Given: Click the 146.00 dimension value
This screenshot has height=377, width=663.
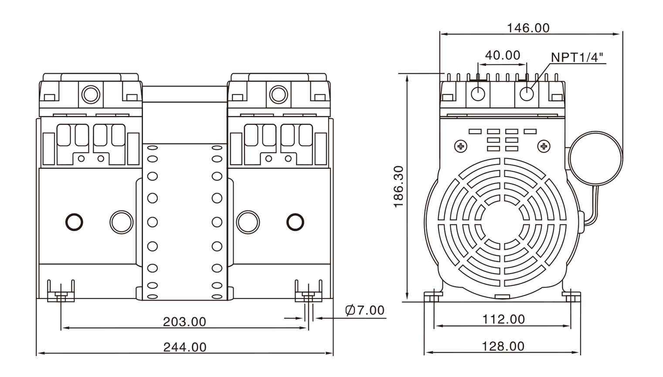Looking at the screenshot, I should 528,28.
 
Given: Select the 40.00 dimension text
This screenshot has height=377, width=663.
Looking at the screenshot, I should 503,55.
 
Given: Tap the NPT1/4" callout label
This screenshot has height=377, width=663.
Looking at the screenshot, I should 577,57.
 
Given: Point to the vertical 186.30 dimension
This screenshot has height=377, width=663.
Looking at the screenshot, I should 398,186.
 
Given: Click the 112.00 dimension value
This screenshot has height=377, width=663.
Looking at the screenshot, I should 503,319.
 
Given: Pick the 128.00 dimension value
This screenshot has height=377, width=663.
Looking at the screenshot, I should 503,346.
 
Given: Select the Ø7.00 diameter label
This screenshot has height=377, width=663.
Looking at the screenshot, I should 365,310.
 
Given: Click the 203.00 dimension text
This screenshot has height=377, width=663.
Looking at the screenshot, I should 184,322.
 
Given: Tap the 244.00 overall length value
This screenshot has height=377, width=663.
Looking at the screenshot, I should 185,347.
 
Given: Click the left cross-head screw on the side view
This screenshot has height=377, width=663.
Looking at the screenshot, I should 461,146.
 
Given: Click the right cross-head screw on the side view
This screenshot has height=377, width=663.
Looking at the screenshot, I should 544,146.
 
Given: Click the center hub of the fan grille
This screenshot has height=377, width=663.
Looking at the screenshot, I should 503,222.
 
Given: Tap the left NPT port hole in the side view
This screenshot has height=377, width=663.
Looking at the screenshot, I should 478,93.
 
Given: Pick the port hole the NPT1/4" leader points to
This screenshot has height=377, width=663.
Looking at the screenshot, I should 527,93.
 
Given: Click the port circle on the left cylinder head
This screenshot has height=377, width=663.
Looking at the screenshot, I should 91,94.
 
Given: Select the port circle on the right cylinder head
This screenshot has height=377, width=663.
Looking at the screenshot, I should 278,94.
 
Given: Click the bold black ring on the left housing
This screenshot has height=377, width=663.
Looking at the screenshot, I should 74,221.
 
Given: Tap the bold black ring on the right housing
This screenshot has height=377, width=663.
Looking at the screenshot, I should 295,221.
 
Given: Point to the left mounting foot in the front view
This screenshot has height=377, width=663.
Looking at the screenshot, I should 61,292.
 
